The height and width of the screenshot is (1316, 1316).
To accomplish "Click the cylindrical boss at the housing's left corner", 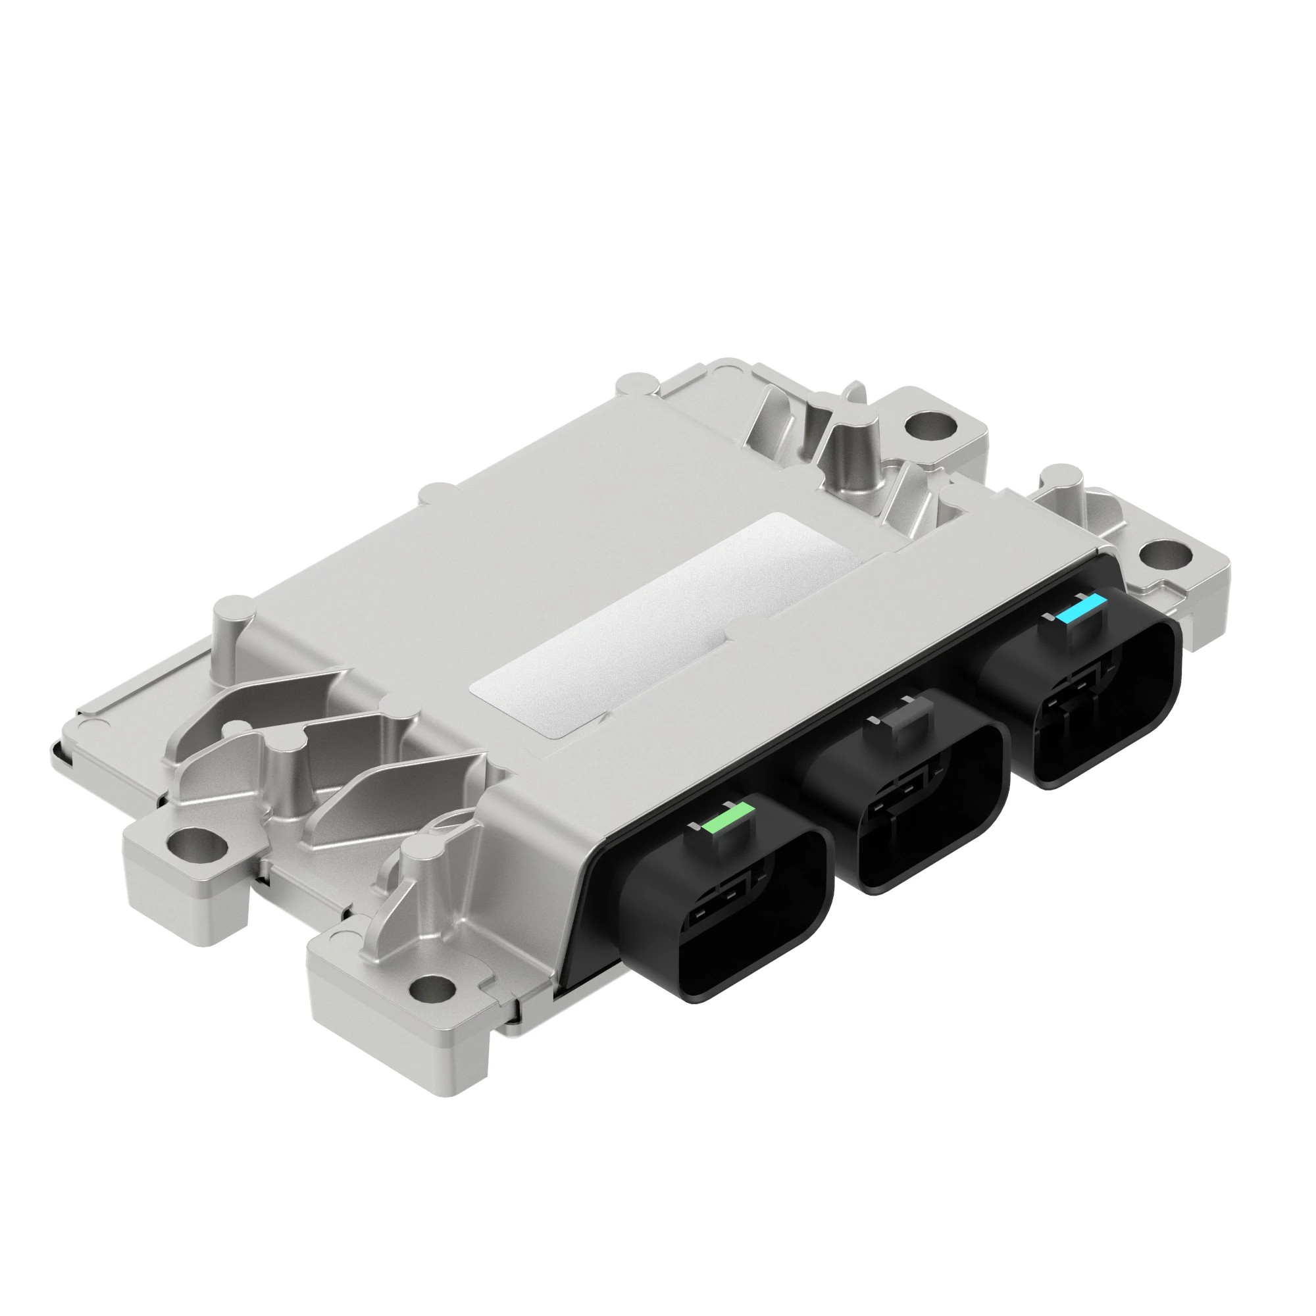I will tap(233, 620).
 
